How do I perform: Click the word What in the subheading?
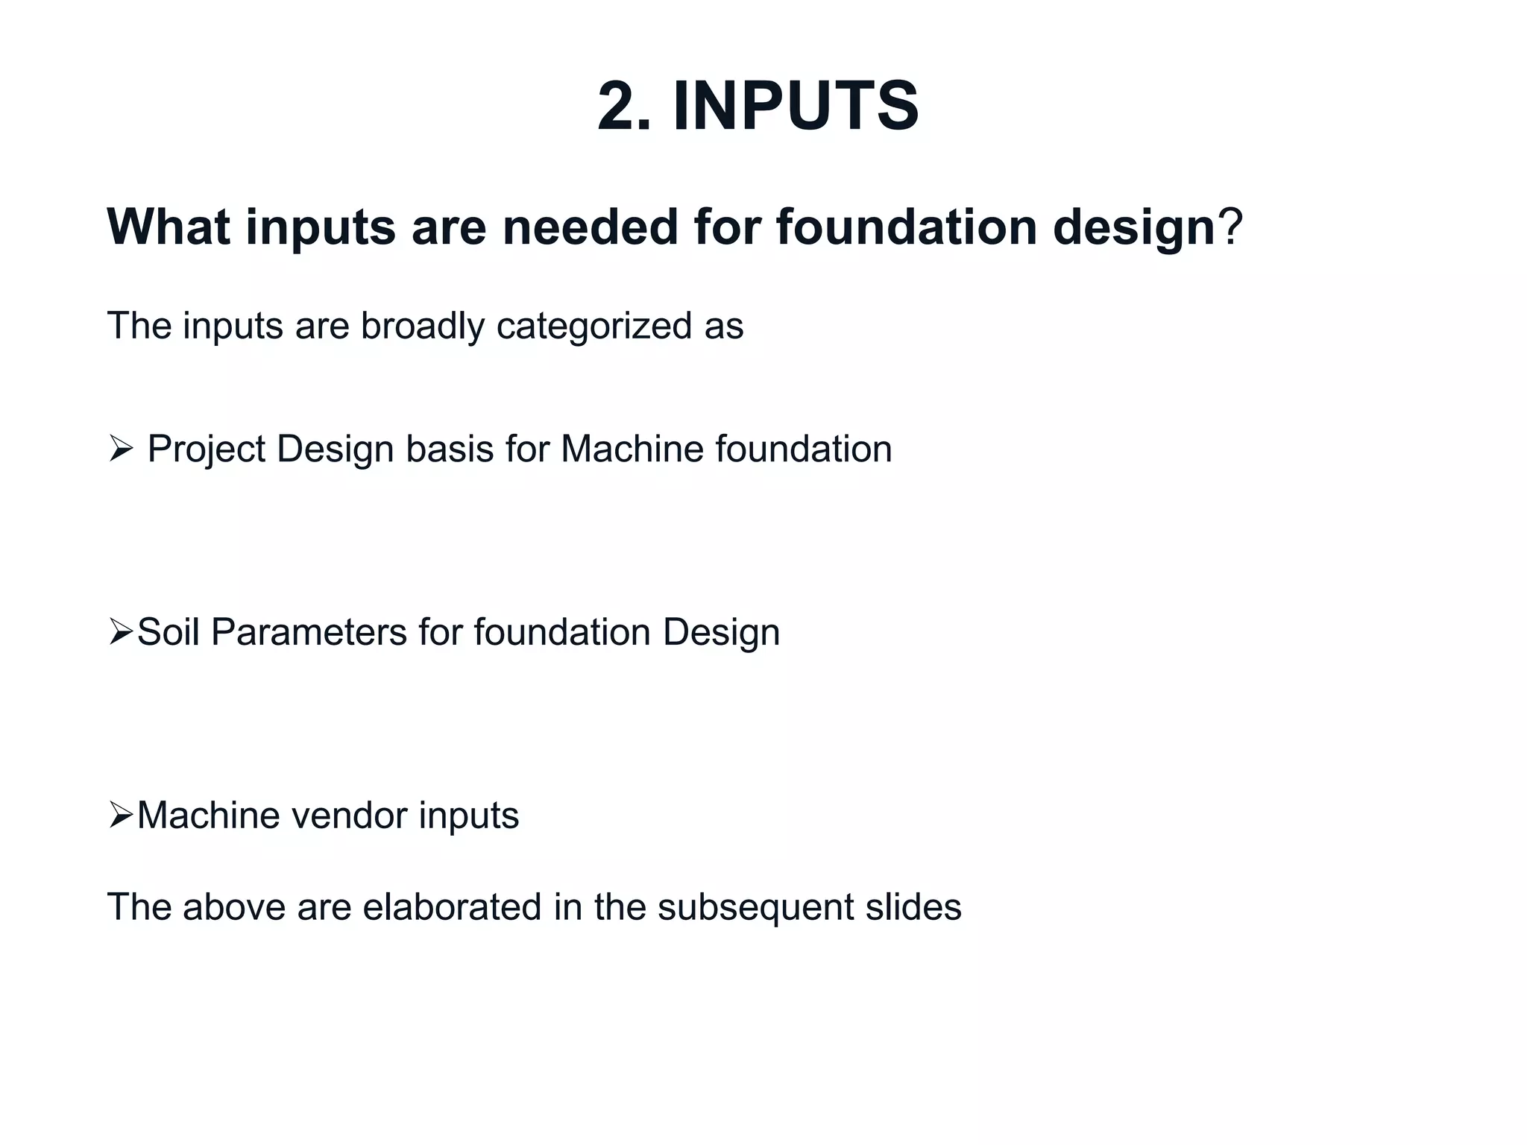pos(169,227)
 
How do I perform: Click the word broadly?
pos(422,327)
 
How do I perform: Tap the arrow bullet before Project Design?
pos(120,449)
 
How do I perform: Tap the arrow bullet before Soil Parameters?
pos(120,632)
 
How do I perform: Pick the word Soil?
pos(169,632)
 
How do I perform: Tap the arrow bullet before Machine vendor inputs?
pos(120,815)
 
